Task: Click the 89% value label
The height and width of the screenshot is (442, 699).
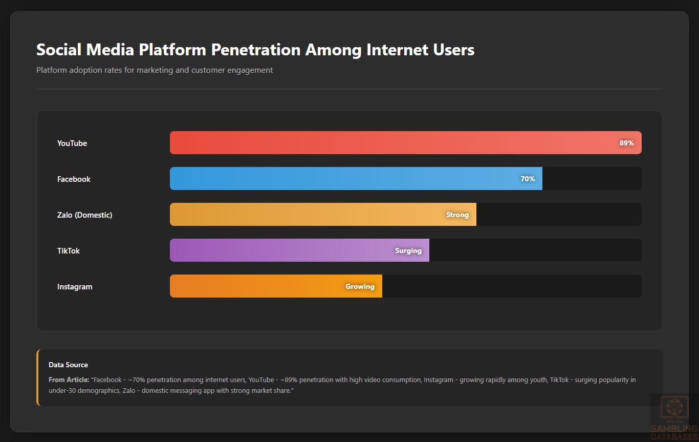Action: (x=626, y=143)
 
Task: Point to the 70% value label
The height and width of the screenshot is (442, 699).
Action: (x=528, y=179)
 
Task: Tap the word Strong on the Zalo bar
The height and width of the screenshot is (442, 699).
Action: (x=457, y=215)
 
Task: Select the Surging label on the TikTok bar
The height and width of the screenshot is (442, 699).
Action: (x=408, y=251)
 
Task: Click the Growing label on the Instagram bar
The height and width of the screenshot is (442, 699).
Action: (x=360, y=287)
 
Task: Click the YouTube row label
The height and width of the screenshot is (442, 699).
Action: (x=72, y=143)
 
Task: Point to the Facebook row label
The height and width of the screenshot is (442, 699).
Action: (x=74, y=179)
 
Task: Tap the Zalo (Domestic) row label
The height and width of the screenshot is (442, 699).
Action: (x=84, y=215)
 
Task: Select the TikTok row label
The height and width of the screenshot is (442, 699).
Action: (x=69, y=251)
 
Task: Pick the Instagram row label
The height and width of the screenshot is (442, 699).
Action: (x=75, y=287)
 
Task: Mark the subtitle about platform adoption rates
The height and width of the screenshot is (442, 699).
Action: (x=155, y=70)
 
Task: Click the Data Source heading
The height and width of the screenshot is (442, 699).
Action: (x=68, y=365)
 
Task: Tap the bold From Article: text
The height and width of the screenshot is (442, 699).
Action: (x=69, y=380)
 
